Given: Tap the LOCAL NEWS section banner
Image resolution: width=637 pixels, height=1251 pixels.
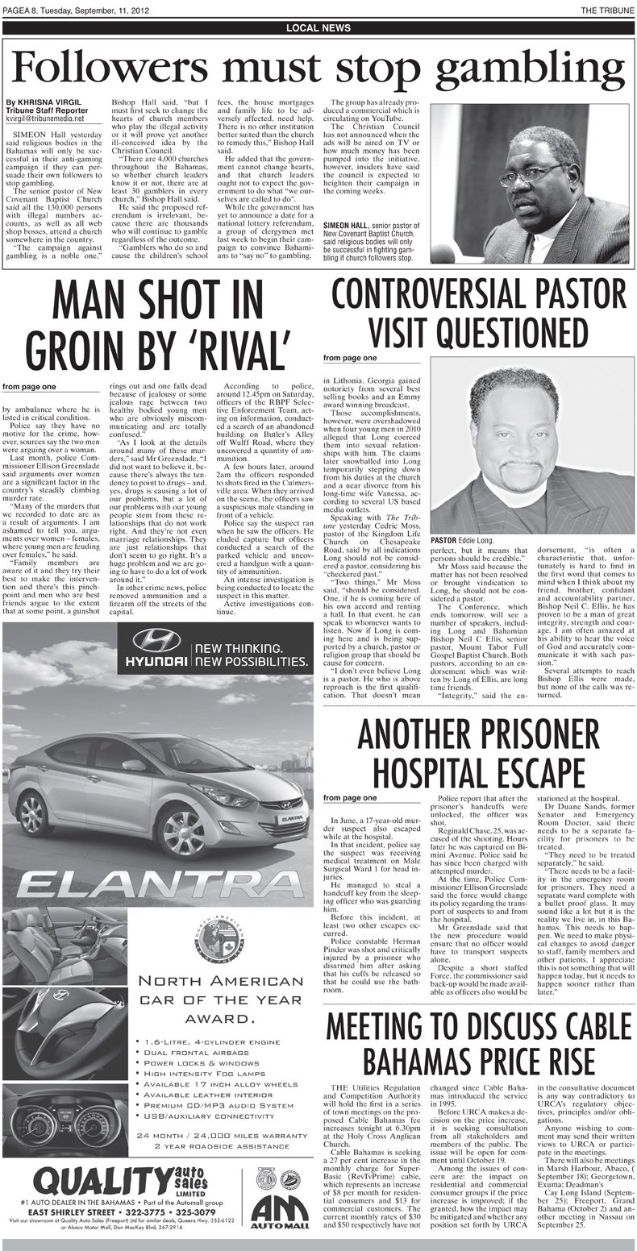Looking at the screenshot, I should tap(318, 28).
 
